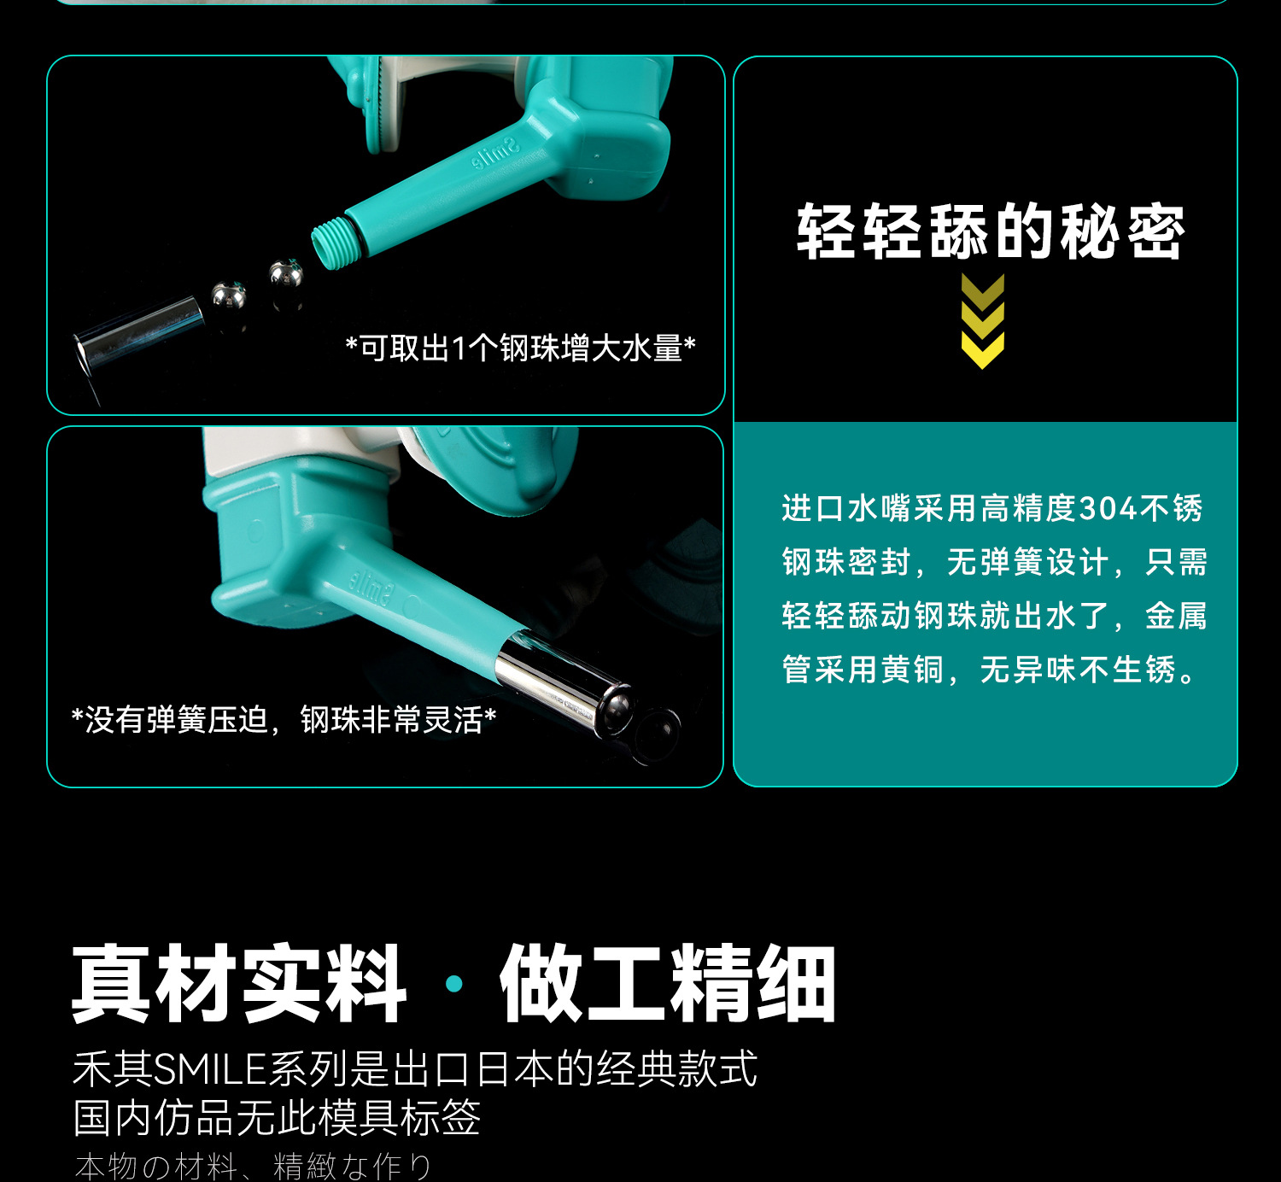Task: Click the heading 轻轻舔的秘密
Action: pos(991,231)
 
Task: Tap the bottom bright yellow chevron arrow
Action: pos(982,350)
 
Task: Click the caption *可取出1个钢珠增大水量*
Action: pos(521,348)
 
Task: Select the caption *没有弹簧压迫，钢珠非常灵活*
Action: pos(284,719)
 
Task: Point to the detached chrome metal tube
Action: pos(138,333)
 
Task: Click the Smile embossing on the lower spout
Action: pos(370,587)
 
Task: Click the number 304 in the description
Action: pos(1108,508)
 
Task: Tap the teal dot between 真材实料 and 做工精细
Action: pos(454,983)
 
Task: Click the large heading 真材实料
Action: pos(239,983)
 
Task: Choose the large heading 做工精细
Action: pos(668,983)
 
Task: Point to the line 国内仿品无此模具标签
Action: pos(277,1118)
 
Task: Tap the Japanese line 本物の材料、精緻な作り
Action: pos(254,1167)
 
